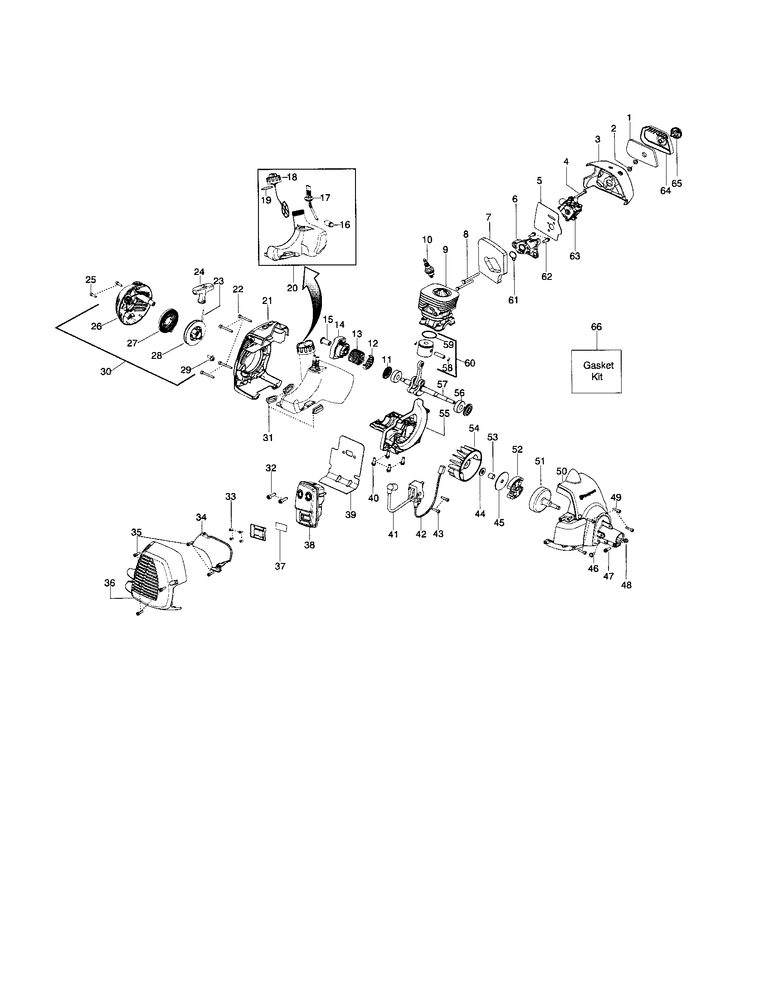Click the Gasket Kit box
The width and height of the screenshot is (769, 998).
coord(596,371)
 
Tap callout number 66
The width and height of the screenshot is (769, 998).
coord(596,327)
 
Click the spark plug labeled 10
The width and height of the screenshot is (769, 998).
coord(428,266)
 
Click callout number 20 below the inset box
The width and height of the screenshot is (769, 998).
coord(292,288)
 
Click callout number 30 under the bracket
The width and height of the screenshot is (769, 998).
coord(106,372)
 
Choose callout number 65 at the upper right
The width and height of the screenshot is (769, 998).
coord(677,183)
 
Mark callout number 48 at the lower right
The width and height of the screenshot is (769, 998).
coord(627,584)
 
